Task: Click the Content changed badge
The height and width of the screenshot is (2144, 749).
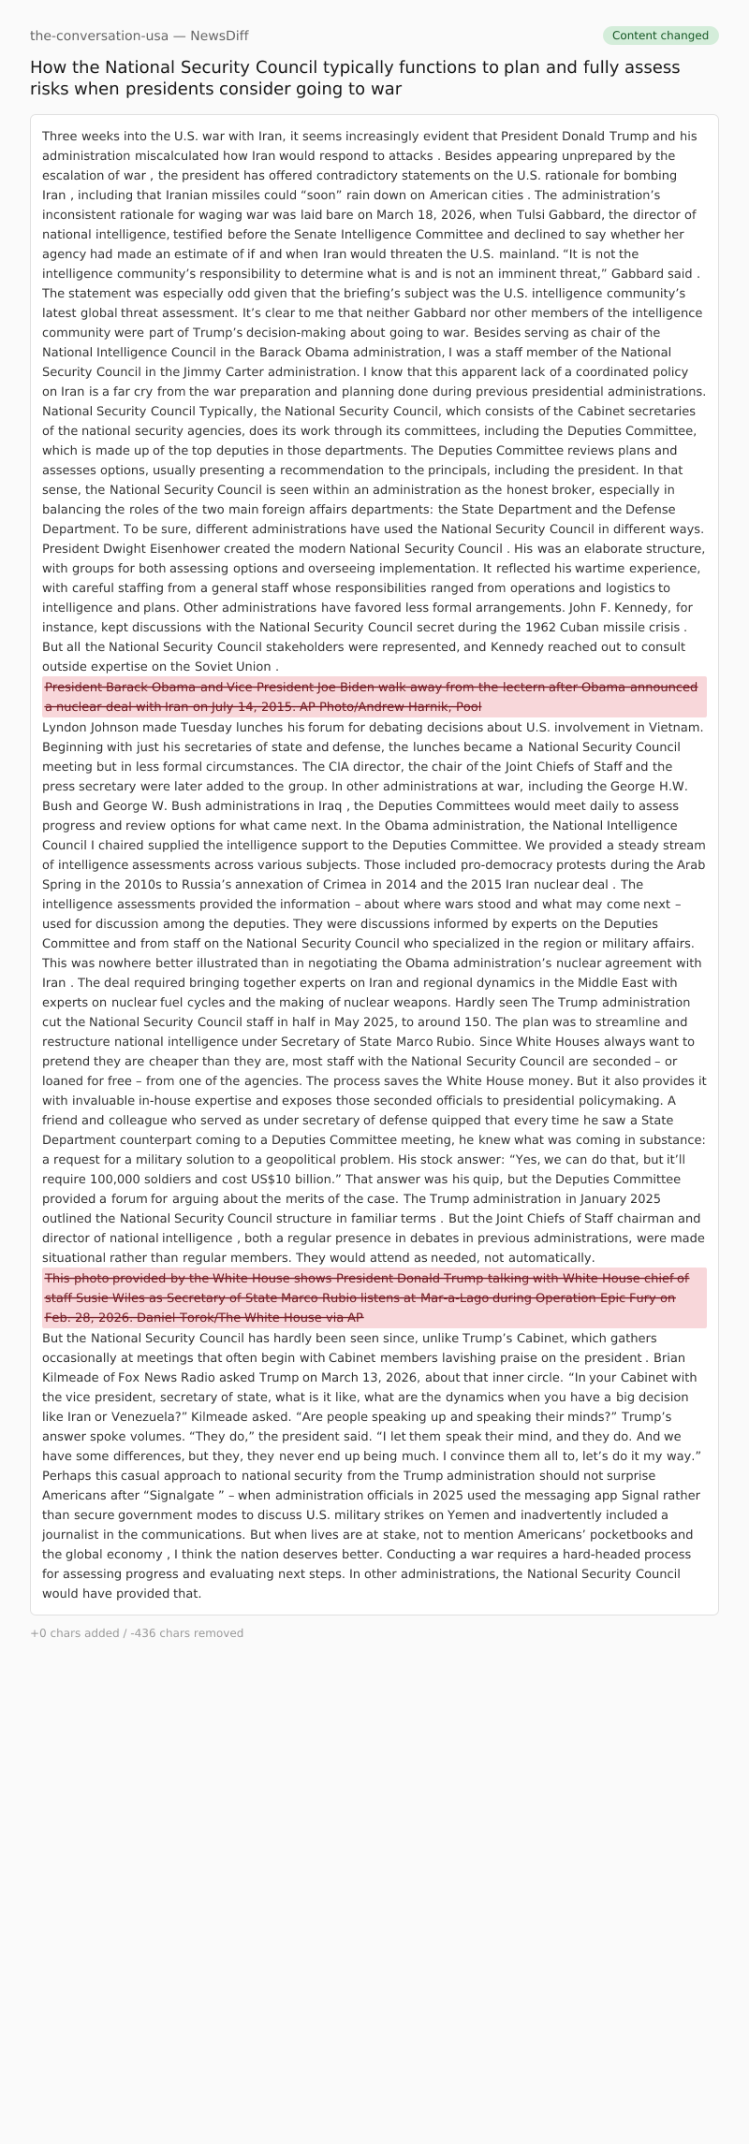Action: pos(660,36)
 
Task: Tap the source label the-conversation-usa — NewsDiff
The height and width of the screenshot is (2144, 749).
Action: pos(139,36)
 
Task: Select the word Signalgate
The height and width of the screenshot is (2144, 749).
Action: pos(184,1495)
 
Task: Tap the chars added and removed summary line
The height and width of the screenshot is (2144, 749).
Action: pos(137,1633)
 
